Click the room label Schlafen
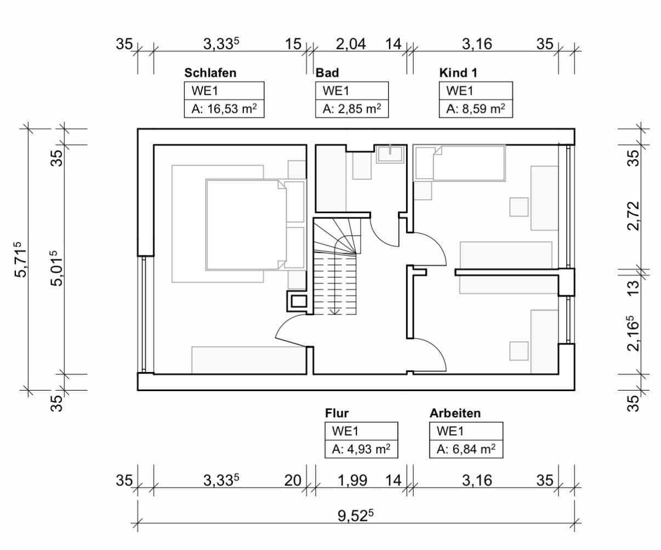(x=210, y=73)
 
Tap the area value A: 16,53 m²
(x=224, y=108)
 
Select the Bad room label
(x=327, y=73)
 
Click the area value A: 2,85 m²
(x=351, y=108)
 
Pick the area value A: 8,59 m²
(x=475, y=108)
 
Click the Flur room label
(x=337, y=413)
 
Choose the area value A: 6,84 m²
(x=466, y=450)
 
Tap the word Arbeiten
(x=455, y=413)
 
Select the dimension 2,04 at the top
(x=351, y=44)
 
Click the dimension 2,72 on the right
(x=633, y=215)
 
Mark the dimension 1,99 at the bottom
(x=352, y=480)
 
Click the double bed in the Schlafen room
(x=244, y=225)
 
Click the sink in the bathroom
(x=390, y=153)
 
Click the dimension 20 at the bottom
(x=293, y=480)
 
